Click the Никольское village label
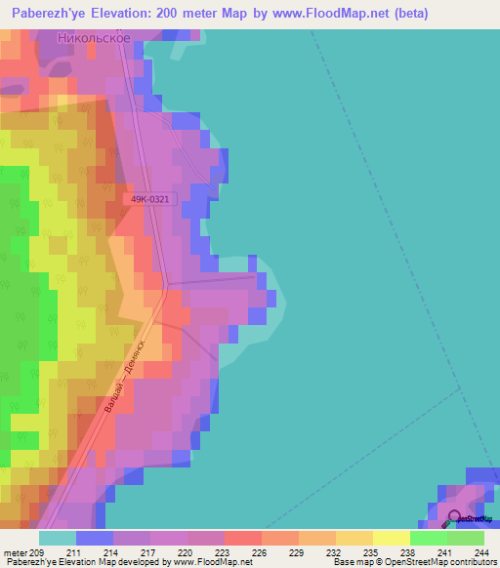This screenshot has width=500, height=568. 94,38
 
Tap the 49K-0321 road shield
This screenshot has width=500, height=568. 150,199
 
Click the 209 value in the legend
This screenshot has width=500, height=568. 39,552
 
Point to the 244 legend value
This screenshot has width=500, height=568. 480,552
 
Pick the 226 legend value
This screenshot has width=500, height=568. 260,552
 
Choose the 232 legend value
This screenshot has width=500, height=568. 334,552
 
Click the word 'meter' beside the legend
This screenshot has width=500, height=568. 15,552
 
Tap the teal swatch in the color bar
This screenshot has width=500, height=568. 57,538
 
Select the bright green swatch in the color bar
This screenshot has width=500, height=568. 428,538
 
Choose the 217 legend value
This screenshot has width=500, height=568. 149,552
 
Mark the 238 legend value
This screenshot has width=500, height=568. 407,552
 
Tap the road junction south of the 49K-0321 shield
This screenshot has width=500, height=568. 168,286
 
